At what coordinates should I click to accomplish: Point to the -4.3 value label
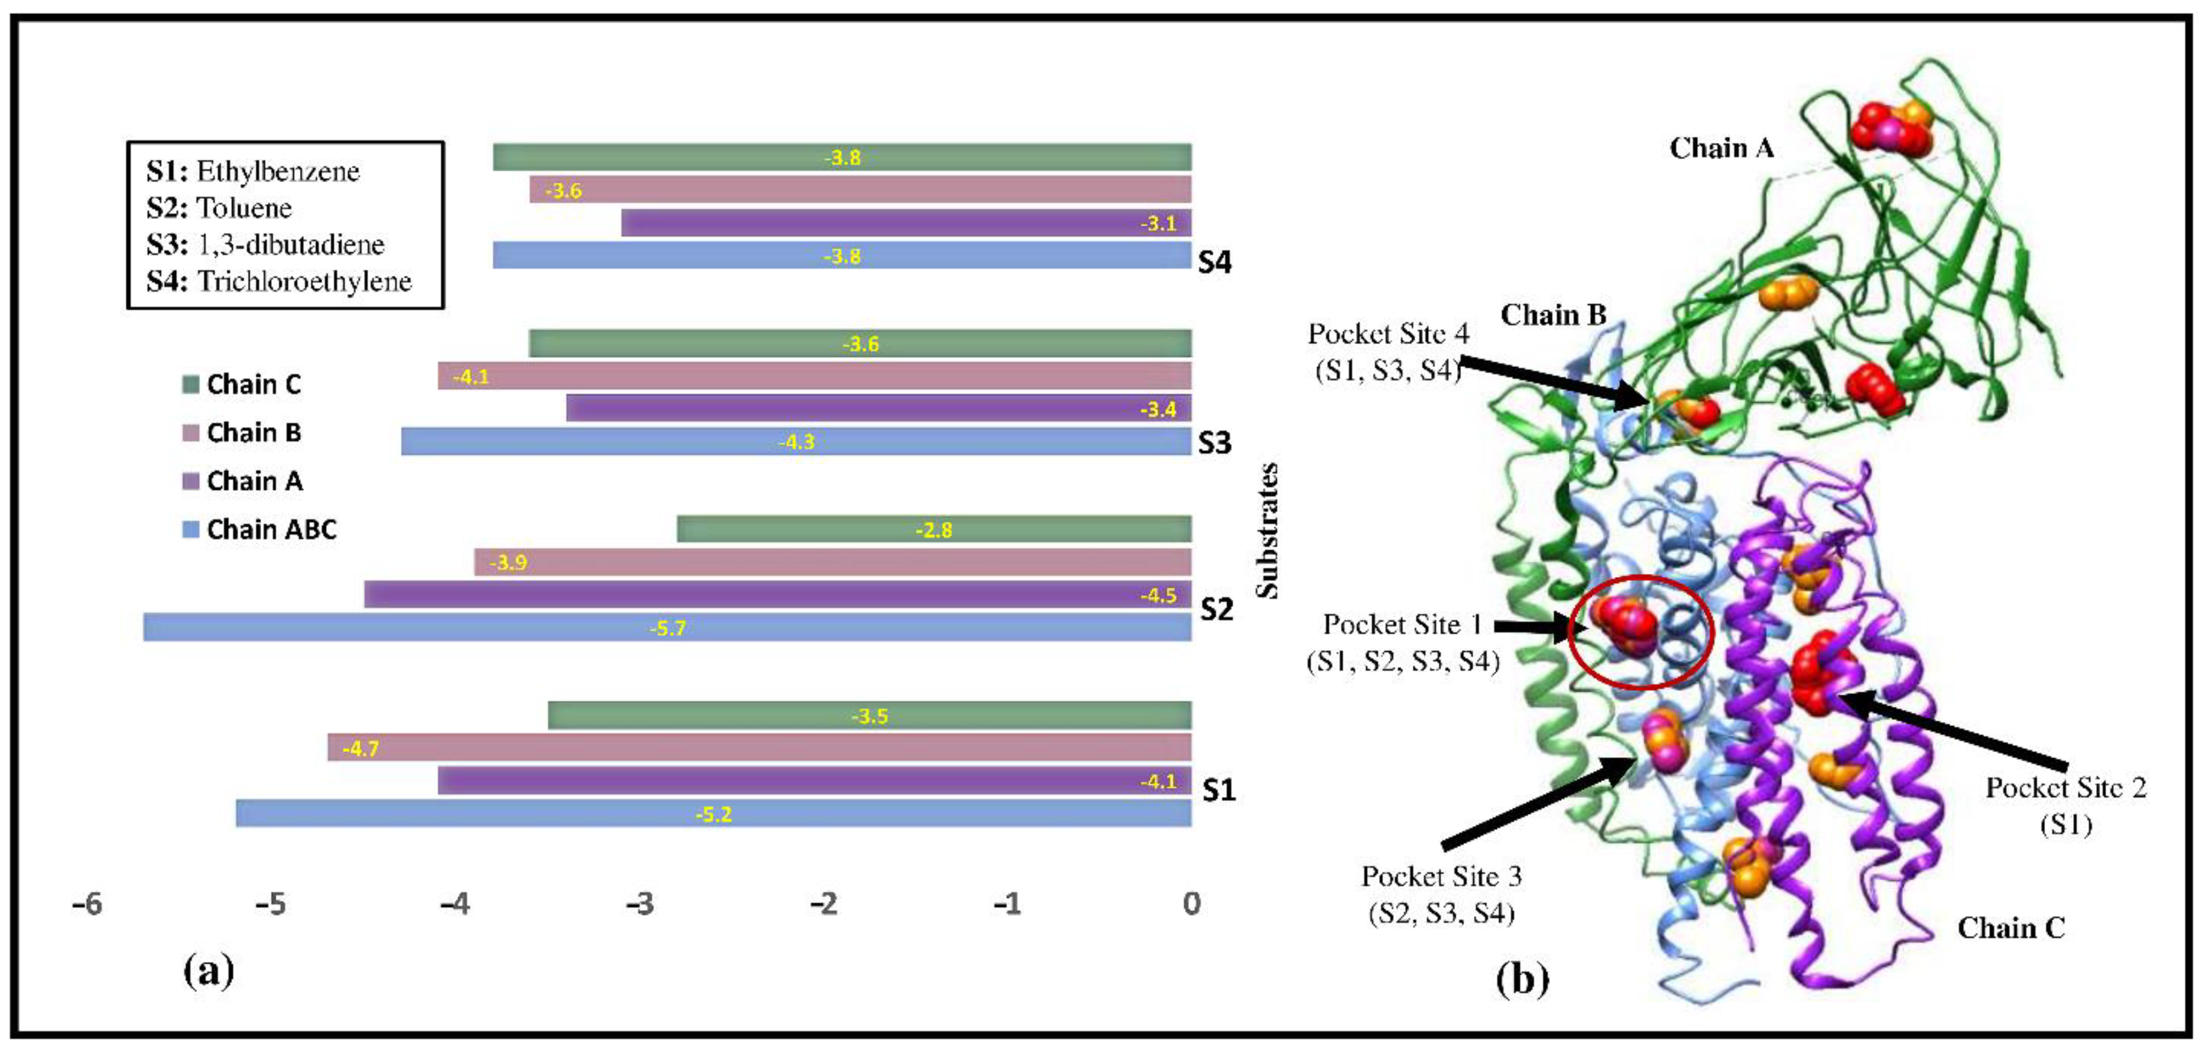click(796, 442)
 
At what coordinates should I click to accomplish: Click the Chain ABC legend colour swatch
click(191, 530)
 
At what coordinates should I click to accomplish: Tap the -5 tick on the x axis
click(272, 903)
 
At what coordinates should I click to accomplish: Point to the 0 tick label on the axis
click(1191, 903)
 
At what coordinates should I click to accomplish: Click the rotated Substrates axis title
click(1269, 530)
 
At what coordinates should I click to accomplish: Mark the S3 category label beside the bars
click(1214, 443)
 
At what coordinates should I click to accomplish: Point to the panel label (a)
click(209, 971)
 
